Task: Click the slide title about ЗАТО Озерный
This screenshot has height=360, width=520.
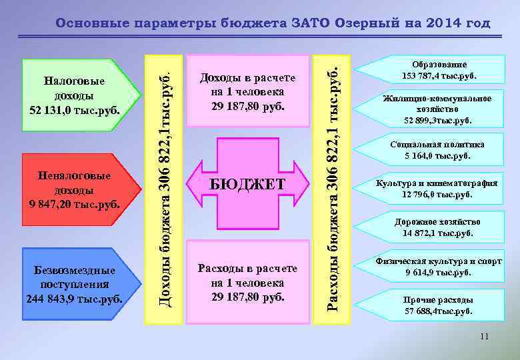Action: pyautogui.click(x=273, y=23)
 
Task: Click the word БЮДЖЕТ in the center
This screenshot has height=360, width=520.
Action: pyautogui.click(x=247, y=184)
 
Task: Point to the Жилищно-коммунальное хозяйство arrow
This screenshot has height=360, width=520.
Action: pyautogui.click(x=437, y=109)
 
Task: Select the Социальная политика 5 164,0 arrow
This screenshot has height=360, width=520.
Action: pyautogui.click(x=437, y=150)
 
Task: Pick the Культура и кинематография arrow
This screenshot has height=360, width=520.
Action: pyautogui.click(x=437, y=189)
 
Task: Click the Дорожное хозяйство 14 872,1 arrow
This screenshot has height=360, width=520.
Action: pyautogui.click(x=437, y=227)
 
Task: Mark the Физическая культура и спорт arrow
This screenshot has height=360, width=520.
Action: pyautogui.click(x=437, y=267)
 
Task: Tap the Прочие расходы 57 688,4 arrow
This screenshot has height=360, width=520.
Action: pyautogui.click(x=437, y=305)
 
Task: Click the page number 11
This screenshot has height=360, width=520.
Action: pyautogui.click(x=484, y=337)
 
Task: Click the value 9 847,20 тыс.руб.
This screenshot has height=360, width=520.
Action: pyautogui.click(x=75, y=203)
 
